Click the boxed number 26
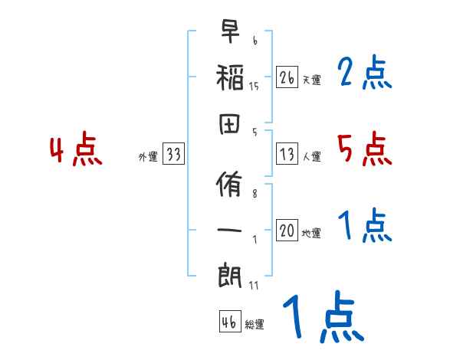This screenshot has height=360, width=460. pos(287,77)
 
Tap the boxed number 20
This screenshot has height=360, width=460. pos(287,231)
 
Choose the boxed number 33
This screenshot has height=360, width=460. pos(173,155)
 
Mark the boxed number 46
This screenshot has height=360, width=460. pos(228,322)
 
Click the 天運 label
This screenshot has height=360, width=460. pos(311,80)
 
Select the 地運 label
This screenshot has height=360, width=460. pos(311,234)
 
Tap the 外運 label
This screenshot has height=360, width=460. pos(148,157)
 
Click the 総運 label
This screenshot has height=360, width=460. pos(254,324)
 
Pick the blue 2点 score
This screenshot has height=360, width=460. pos(364,74)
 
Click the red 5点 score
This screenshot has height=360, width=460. pos(364,149)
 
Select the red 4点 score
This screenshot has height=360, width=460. pos(76,150)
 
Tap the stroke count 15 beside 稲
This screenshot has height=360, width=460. pos(254,86)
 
